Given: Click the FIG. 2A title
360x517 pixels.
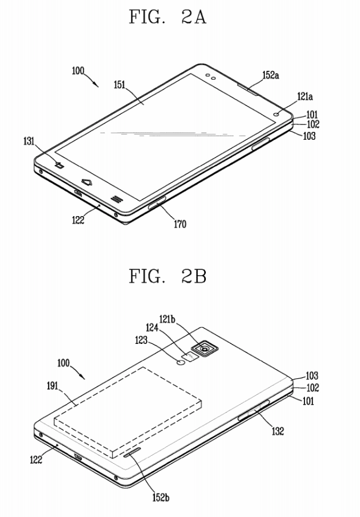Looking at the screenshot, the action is pyautogui.click(x=167, y=17).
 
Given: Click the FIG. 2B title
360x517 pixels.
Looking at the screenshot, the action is pyautogui.click(x=167, y=276).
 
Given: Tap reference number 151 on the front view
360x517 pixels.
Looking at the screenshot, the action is pyautogui.click(x=119, y=85).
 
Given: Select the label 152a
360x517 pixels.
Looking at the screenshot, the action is pyautogui.click(x=271, y=75).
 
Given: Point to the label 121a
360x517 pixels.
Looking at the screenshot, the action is pyautogui.click(x=305, y=97).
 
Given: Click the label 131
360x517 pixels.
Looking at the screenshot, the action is pyautogui.click(x=29, y=141).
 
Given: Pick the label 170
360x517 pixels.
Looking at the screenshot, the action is pyautogui.click(x=180, y=224).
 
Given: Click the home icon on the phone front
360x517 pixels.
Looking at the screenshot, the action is pyautogui.click(x=87, y=181).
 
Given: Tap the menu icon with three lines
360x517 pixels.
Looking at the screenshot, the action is pyautogui.click(x=115, y=199).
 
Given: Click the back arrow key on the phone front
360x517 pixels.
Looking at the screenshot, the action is pyautogui.click(x=60, y=165).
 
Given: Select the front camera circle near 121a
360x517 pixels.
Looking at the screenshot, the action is pyautogui.click(x=276, y=115).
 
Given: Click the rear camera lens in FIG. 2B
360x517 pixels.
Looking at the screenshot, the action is pyautogui.click(x=205, y=348).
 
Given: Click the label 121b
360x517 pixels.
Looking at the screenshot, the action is pyautogui.click(x=167, y=319).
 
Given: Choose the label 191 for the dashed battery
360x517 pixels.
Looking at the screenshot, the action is pyautogui.click(x=52, y=385).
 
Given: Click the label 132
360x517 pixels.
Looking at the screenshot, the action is pyautogui.click(x=277, y=431).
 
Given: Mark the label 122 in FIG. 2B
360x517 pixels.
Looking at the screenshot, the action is pyautogui.click(x=36, y=459).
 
